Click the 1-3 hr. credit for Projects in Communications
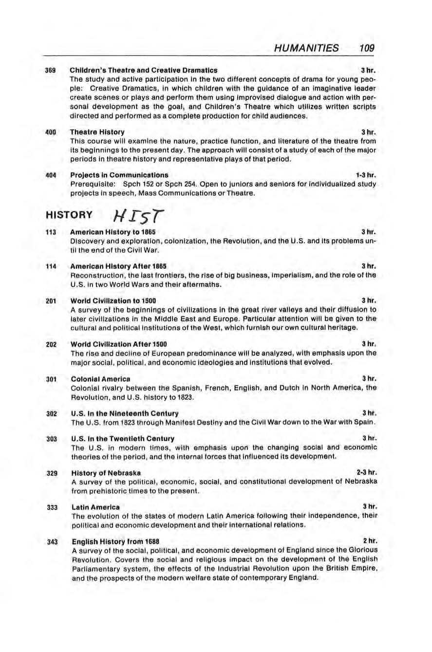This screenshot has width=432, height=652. pyautogui.click(x=366, y=174)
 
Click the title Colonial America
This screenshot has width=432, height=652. pyautogui.click(x=100, y=378)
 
